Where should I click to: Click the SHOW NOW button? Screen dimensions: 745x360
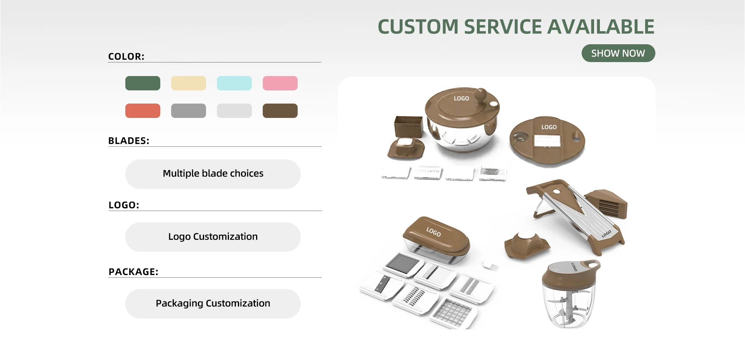pyautogui.click(x=618, y=53)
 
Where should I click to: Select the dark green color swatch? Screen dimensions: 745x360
pyautogui.click(x=142, y=83)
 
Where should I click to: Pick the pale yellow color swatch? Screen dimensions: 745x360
pyautogui.click(x=188, y=83)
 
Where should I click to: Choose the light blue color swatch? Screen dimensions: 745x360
pyautogui.click(x=234, y=83)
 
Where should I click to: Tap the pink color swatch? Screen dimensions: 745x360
pyautogui.click(x=280, y=83)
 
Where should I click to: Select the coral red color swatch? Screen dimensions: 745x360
pyautogui.click(x=142, y=111)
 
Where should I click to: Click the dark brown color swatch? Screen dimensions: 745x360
pyautogui.click(x=280, y=111)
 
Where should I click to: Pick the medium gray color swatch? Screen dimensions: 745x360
pyautogui.click(x=188, y=111)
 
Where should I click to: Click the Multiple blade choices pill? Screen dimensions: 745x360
pyautogui.click(x=213, y=174)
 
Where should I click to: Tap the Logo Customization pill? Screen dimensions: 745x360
pyautogui.click(x=213, y=237)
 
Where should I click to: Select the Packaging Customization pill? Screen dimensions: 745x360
pyautogui.click(x=213, y=303)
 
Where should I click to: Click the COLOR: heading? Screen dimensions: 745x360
pyautogui.click(x=126, y=57)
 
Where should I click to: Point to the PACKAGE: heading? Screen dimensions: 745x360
pyautogui.click(x=133, y=272)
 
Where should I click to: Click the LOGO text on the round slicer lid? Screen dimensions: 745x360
pyautogui.click(x=549, y=127)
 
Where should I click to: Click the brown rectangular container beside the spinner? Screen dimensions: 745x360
pyautogui.click(x=408, y=126)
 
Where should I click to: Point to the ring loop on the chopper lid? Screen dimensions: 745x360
pyautogui.click(x=592, y=264)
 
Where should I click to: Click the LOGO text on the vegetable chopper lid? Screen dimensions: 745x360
pyautogui.click(x=433, y=232)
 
